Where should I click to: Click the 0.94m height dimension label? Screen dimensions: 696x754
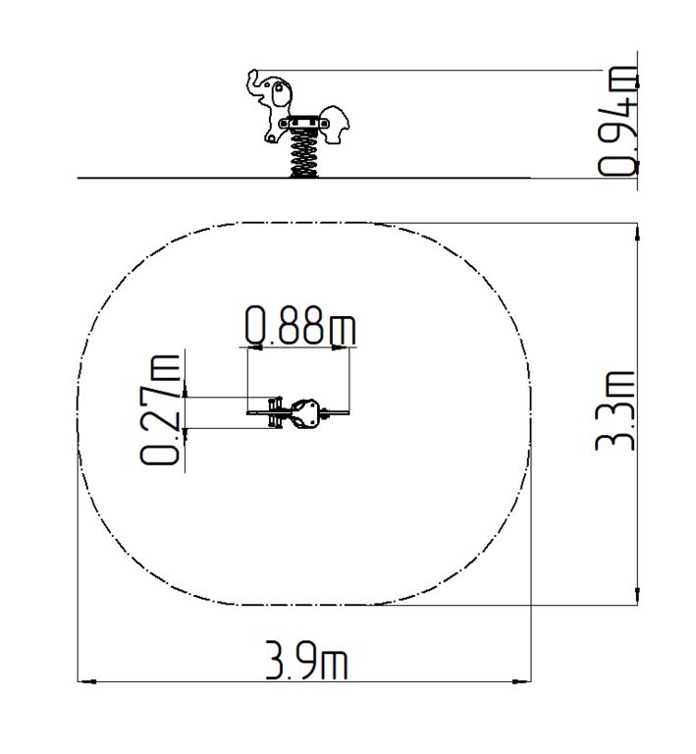[617, 121]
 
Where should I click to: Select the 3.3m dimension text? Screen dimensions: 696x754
[616, 410]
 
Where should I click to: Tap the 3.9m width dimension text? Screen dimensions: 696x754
[306, 660]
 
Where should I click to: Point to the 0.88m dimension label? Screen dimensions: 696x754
[300, 325]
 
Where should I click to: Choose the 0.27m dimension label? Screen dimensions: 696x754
[160, 410]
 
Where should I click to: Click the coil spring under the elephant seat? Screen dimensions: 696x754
[303, 153]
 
